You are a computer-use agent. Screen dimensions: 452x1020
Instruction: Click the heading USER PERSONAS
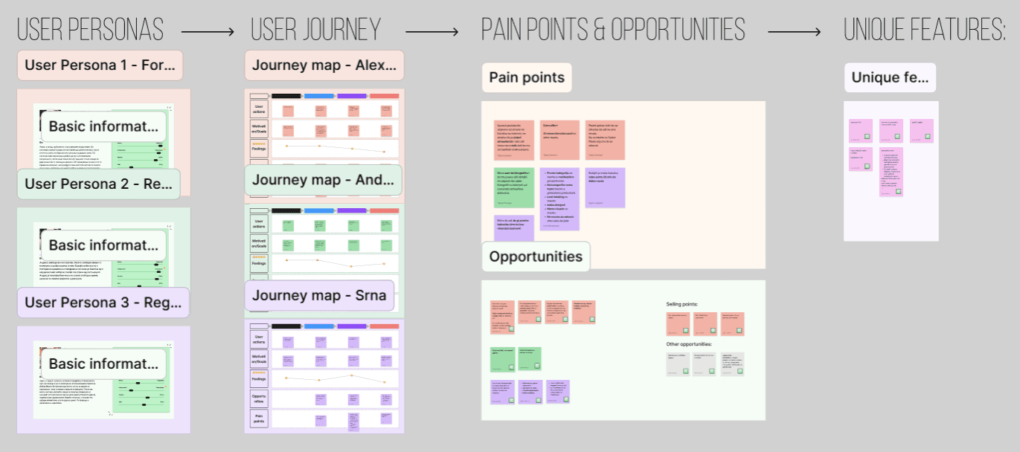tap(90, 30)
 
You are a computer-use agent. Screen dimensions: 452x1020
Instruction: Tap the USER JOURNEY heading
tap(315, 30)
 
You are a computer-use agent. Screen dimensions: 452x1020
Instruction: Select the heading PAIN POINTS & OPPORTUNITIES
tap(613, 30)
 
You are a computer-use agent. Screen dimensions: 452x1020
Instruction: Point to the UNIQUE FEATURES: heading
tap(925, 30)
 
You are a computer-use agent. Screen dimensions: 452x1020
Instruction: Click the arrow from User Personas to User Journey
tap(208, 32)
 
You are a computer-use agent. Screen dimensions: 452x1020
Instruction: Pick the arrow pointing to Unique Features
tap(794, 32)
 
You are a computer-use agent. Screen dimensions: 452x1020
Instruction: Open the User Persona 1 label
tap(100, 65)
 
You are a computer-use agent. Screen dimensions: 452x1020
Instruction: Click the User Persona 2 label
tap(99, 184)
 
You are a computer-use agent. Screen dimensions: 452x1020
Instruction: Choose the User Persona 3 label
tap(103, 303)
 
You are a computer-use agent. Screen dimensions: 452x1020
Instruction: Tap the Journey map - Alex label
tap(324, 65)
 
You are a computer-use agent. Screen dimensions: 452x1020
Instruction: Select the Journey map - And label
tap(323, 180)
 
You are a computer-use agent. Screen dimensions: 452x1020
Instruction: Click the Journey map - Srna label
tap(318, 296)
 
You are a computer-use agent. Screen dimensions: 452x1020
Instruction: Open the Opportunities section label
tap(536, 257)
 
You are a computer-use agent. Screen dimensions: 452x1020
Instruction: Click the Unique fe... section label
tap(890, 77)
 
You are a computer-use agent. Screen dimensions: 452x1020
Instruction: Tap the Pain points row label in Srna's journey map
tap(259, 419)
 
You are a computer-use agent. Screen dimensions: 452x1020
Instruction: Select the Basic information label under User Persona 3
tap(103, 364)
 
